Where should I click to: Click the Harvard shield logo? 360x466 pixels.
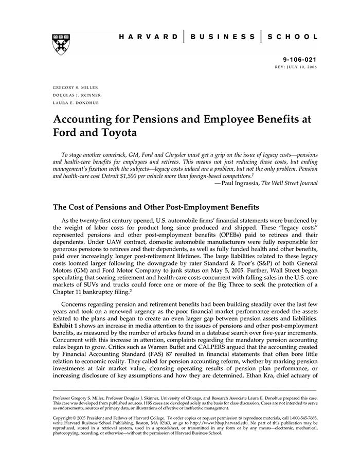click(60, 45)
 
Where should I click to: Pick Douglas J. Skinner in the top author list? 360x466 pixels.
click(77, 95)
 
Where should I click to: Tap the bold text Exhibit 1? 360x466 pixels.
click(69, 326)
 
